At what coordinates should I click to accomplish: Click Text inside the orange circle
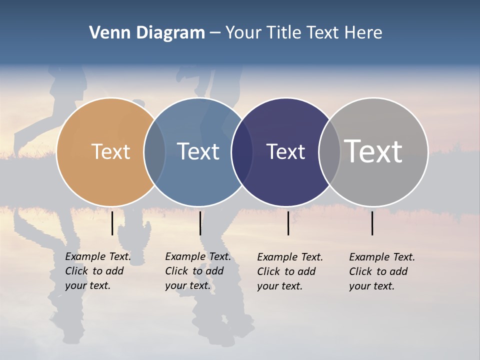(110, 151)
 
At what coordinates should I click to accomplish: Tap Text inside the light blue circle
(198, 151)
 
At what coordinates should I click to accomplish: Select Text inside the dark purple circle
(285, 151)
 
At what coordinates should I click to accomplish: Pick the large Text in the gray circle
(373, 151)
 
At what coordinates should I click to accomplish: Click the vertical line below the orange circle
(112, 223)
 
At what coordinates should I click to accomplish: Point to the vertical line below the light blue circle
(200, 223)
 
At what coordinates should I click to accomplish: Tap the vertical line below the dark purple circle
(288, 223)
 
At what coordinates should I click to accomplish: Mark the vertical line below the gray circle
(372, 223)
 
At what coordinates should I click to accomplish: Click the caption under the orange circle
(97, 271)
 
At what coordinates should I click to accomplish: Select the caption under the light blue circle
(197, 271)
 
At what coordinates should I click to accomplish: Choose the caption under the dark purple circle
(289, 271)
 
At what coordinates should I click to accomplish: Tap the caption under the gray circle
(381, 271)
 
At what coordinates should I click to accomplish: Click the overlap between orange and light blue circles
(154, 152)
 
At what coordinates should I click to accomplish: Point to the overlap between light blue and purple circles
(242, 152)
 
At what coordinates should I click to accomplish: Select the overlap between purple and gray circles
(329, 152)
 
